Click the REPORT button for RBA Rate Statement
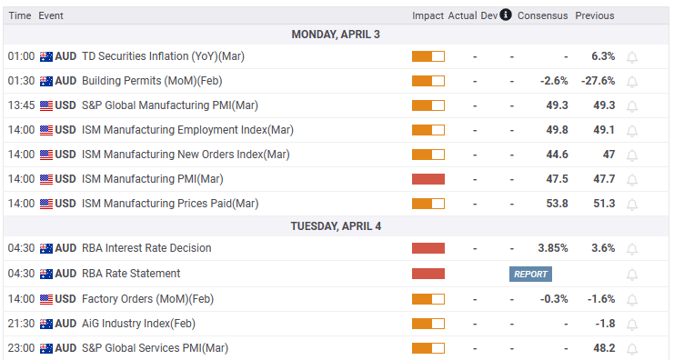pyautogui.click(x=530, y=274)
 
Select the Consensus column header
pyautogui.click(x=542, y=15)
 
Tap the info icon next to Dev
pyautogui.click(x=506, y=15)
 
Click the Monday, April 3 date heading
pyautogui.click(x=336, y=34)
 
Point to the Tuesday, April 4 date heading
pyautogui.click(x=336, y=225)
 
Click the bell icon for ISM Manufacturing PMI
pyautogui.click(x=632, y=179)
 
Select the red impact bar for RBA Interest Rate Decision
pyautogui.click(x=428, y=248)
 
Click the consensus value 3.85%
pyautogui.click(x=552, y=248)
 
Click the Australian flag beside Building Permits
pyautogui.click(x=46, y=81)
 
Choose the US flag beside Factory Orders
pyautogui.click(x=46, y=298)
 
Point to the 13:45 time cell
pyautogui.click(x=21, y=105)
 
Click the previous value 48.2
pyautogui.click(x=603, y=348)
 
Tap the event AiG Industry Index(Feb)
pyautogui.click(x=138, y=324)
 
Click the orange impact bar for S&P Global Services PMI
pyautogui.click(x=428, y=348)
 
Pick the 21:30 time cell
pyautogui.click(x=21, y=324)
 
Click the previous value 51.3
pyautogui.click(x=603, y=204)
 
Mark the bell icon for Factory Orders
pyautogui.click(x=632, y=299)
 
